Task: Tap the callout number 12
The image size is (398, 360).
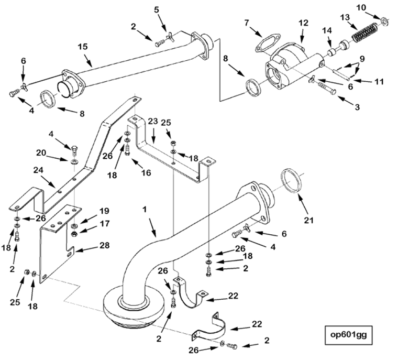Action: click(x=303, y=23)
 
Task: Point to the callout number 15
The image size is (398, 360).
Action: click(x=83, y=47)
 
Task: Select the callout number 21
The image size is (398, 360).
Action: click(x=309, y=221)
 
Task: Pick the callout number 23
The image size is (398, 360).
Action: click(x=153, y=121)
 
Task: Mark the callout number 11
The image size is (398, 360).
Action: click(x=365, y=82)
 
